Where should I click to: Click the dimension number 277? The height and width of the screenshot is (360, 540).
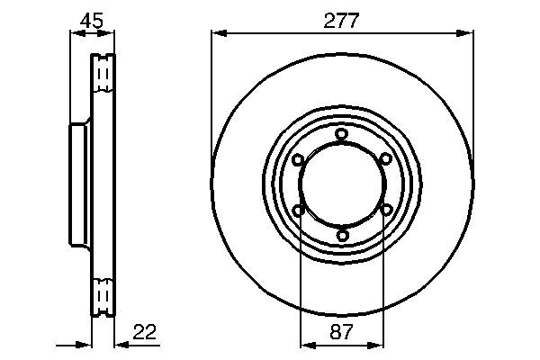point(341,21)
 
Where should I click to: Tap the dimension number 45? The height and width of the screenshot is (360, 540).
point(92,21)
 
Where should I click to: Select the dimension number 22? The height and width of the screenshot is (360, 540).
point(145,331)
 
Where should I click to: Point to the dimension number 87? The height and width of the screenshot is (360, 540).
point(342,332)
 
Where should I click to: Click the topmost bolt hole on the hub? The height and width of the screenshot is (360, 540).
point(342,134)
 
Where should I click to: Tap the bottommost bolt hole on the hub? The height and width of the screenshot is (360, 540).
point(342,236)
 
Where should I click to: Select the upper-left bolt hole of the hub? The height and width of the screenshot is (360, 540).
point(298,159)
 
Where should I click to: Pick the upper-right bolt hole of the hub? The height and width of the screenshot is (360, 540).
point(386,159)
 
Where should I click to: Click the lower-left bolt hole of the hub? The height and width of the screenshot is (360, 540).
point(298,210)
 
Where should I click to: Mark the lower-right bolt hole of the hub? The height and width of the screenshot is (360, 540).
point(386,210)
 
